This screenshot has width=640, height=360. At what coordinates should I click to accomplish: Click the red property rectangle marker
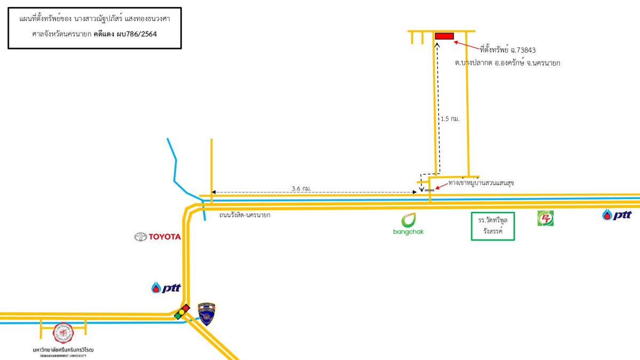(x=444, y=36)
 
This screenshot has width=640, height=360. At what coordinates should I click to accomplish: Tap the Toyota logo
(x=157, y=237)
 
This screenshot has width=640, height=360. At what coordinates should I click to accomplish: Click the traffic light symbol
(x=182, y=312)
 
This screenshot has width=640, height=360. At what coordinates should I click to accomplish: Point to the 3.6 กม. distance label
(x=301, y=188)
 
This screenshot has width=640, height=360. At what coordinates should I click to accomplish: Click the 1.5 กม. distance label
(x=450, y=119)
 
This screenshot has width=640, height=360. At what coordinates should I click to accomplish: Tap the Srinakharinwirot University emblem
(x=63, y=333)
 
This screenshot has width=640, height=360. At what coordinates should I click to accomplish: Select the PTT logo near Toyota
(x=166, y=288)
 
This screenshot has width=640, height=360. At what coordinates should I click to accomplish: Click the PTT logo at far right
(x=617, y=214)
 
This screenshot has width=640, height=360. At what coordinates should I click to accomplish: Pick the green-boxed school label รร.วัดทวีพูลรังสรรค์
(x=493, y=226)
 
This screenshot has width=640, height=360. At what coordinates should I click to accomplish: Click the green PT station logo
(x=545, y=218)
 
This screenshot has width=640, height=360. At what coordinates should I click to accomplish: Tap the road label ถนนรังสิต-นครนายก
(x=245, y=215)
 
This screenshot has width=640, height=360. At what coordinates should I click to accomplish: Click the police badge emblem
(x=206, y=314)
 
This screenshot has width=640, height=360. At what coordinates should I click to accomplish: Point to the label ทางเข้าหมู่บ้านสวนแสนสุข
(x=481, y=183)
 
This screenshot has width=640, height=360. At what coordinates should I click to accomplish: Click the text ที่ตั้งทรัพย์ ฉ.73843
(x=507, y=50)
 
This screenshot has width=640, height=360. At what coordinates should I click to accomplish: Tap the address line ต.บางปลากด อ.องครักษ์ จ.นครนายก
(x=507, y=63)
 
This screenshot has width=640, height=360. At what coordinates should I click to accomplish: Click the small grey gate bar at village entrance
(x=429, y=190)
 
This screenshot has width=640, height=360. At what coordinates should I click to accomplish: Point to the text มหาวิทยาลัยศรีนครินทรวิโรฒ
(x=63, y=349)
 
